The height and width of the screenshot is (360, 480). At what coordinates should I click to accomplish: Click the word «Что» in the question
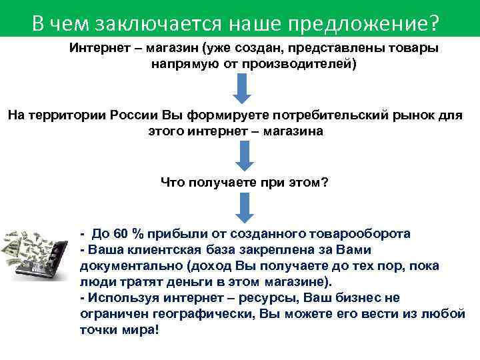175,181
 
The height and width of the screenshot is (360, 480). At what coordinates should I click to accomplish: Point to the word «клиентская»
155,250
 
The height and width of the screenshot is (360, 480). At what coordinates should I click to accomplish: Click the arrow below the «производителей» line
243,89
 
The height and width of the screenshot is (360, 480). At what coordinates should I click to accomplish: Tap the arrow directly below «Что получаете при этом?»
243,207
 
